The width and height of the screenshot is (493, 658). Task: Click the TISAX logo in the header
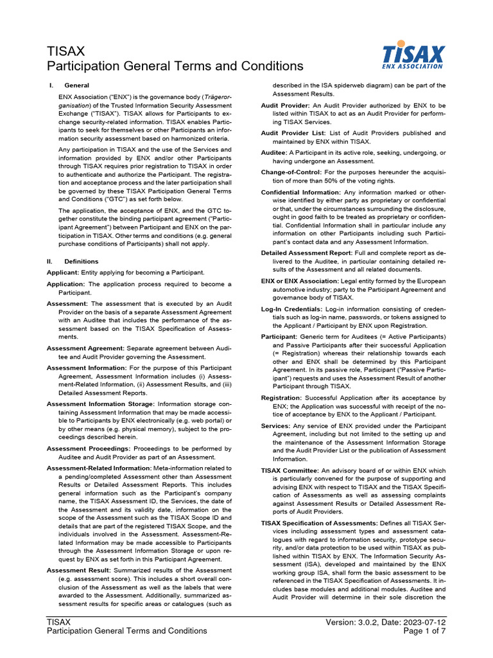pyautogui.click(x=413, y=55)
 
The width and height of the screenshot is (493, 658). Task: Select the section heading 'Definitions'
pyautogui.click(x=81, y=262)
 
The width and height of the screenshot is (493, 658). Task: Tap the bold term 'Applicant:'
pyautogui.click(x=62, y=272)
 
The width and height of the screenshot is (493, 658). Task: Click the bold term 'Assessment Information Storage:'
pyautogui.click(x=99, y=404)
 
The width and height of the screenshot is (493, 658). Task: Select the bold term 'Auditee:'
pyautogui.click(x=274, y=152)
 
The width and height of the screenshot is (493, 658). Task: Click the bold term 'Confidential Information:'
pyautogui.click(x=301, y=192)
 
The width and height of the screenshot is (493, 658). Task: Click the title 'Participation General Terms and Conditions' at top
pyautogui.click(x=175, y=66)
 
